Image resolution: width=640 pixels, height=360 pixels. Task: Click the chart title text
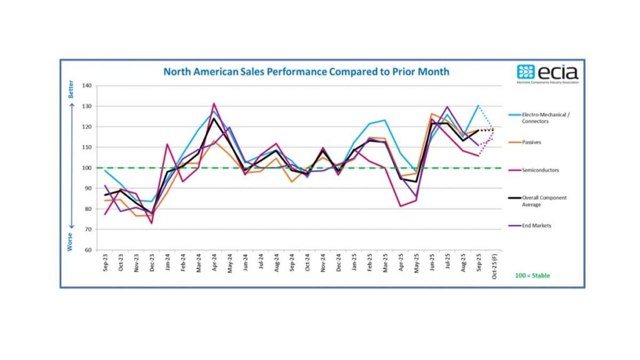(x=306, y=71)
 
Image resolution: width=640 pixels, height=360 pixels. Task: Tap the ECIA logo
(x=547, y=74)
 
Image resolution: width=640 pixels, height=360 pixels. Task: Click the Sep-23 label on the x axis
(x=104, y=264)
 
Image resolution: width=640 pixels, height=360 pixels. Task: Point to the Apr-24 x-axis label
(x=214, y=264)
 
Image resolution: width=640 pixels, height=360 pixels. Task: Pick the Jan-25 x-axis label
(x=354, y=264)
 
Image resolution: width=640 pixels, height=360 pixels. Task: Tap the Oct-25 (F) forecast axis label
(x=494, y=267)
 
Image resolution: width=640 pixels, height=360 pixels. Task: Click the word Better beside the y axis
(x=71, y=89)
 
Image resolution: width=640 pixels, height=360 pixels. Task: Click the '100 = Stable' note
(x=532, y=275)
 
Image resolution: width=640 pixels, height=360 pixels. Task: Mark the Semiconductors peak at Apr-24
(x=214, y=104)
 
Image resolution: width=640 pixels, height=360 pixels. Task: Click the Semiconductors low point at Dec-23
(x=152, y=223)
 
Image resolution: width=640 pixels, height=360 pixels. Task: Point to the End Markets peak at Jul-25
(x=447, y=107)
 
